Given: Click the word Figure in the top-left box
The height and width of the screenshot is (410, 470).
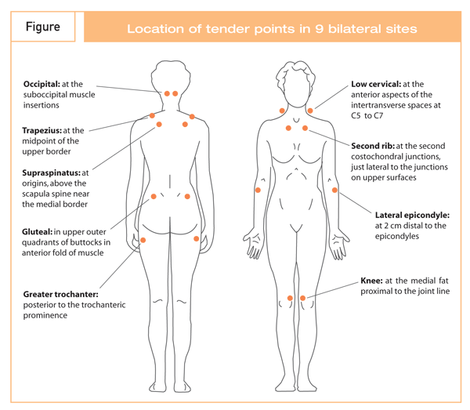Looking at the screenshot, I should click(x=43, y=27).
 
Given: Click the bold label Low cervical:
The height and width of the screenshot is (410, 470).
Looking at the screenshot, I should click(x=376, y=84).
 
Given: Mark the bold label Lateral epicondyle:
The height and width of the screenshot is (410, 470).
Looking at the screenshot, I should click(x=413, y=214).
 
